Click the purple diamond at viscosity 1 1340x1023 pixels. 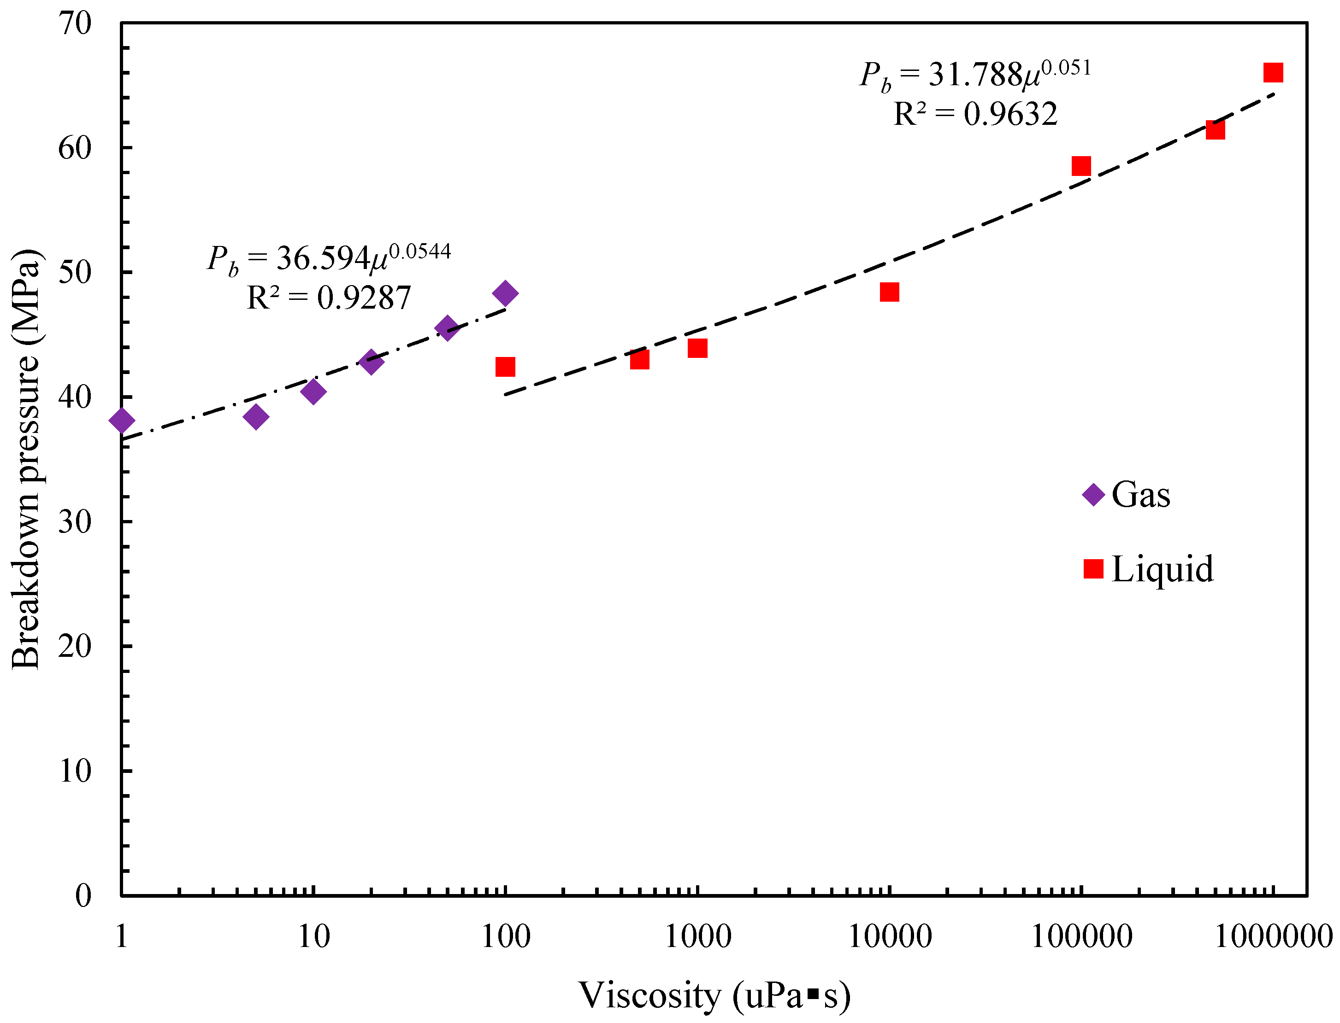pos(121,420)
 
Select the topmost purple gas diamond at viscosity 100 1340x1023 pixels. pos(505,293)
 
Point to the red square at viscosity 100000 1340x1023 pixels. pos(1081,166)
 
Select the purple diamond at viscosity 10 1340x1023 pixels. pos(313,392)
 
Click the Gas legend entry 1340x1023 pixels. pos(1127,494)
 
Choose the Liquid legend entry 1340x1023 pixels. pos(1149,569)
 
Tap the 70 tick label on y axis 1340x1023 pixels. pos(75,24)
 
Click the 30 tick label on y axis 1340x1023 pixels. pos(75,522)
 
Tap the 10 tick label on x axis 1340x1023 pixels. pos(313,936)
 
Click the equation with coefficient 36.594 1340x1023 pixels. pos(329,258)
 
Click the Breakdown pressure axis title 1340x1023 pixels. pos(26,460)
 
